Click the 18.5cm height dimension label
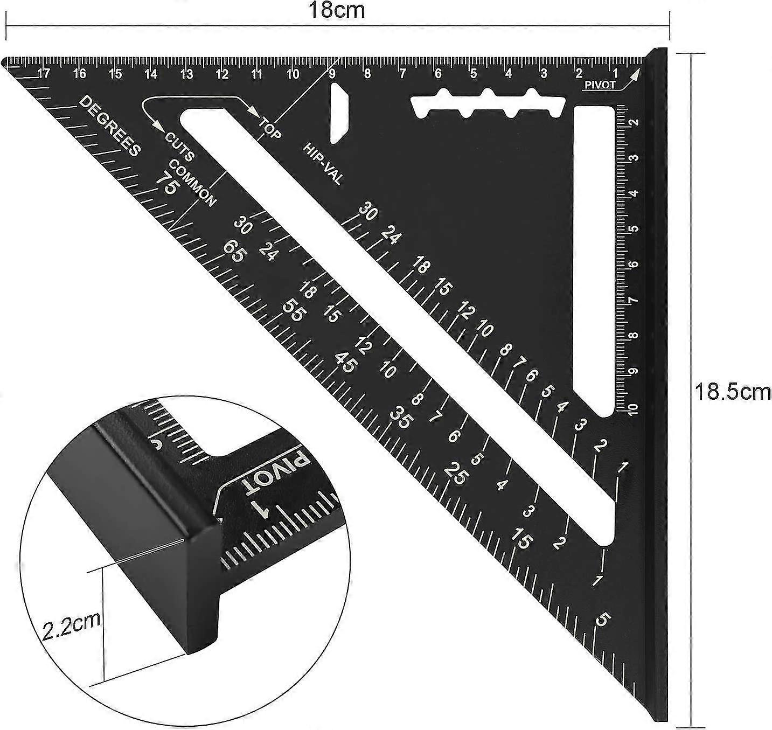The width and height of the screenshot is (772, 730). click(x=732, y=392)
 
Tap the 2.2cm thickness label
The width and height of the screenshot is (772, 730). click(x=72, y=625)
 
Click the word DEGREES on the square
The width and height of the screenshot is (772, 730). click(x=110, y=126)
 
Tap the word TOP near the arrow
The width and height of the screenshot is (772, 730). click(x=270, y=128)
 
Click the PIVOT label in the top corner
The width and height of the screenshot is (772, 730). click(x=600, y=85)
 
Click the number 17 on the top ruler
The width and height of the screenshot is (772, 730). click(x=44, y=73)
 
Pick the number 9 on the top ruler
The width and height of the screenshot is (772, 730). click(x=331, y=73)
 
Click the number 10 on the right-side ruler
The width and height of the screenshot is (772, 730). click(x=632, y=408)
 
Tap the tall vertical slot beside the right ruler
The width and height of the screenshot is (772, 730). click(x=594, y=259)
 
